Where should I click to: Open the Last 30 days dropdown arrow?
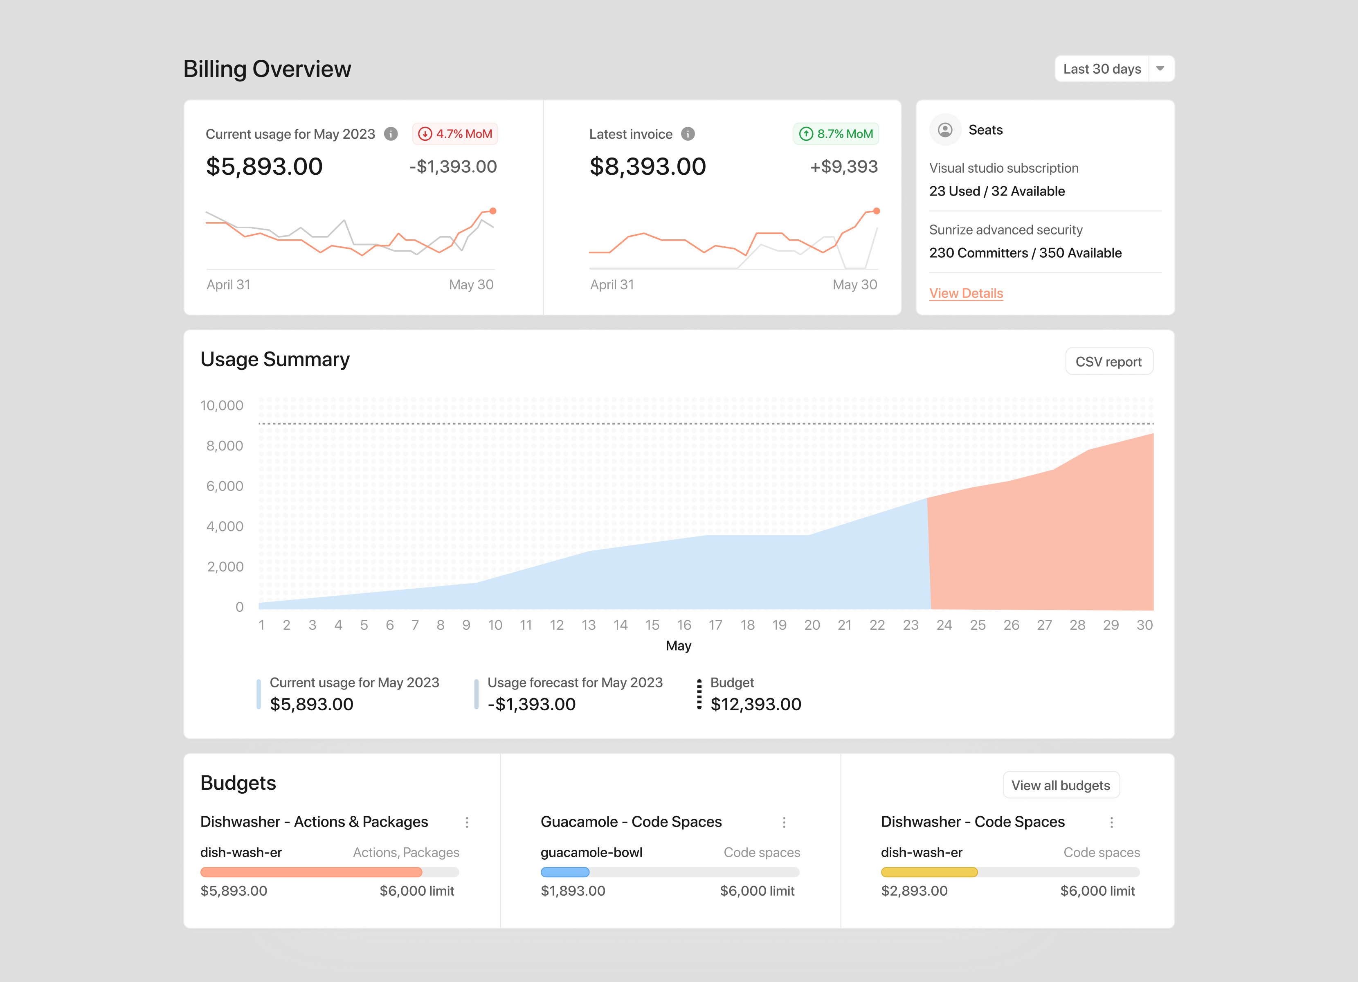pyautogui.click(x=1160, y=69)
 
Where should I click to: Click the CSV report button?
pyautogui.click(x=1108, y=362)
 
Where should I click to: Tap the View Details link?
pyautogui.click(x=966, y=293)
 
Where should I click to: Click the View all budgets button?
pyautogui.click(x=1060, y=786)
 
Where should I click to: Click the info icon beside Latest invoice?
pyautogui.click(x=688, y=134)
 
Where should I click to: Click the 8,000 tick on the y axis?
pyautogui.click(x=225, y=446)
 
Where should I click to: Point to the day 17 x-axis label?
pyautogui.click(x=715, y=625)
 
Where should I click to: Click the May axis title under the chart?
pyautogui.click(x=679, y=646)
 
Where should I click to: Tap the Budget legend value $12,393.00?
pyautogui.click(x=755, y=704)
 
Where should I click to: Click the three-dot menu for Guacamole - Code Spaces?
pyautogui.click(x=784, y=822)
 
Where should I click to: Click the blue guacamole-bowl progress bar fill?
pyautogui.click(x=564, y=872)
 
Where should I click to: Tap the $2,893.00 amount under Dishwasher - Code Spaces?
pyautogui.click(x=914, y=891)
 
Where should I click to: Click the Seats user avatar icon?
pyautogui.click(x=945, y=130)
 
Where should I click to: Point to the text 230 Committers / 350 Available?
pyautogui.click(x=1025, y=253)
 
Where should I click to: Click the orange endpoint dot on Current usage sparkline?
pyautogui.click(x=493, y=211)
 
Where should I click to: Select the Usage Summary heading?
pyautogui.click(x=275, y=359)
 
